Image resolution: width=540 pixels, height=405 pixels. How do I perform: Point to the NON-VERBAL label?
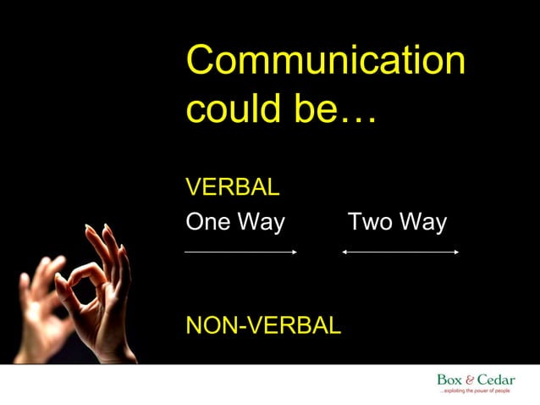click(x=263, y=325)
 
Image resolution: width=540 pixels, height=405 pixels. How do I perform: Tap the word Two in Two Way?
click(x=370, y=223)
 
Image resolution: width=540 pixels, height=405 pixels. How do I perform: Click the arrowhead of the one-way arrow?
click(x=293, y=252)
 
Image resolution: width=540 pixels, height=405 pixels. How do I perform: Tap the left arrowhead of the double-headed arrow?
click(x=346, y=252)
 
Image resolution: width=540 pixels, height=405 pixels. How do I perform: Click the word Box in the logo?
click(x=449, y=380)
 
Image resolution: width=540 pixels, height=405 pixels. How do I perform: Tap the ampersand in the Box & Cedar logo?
click(x=470, y=380)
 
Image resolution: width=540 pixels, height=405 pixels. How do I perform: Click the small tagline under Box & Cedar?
click(x=476, y=391)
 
